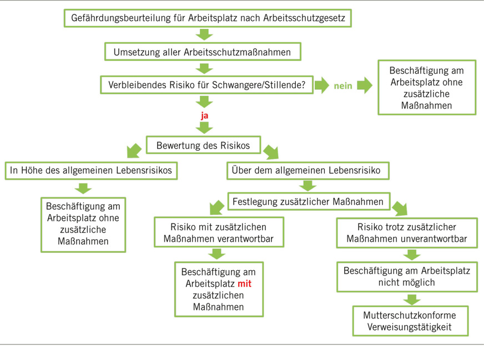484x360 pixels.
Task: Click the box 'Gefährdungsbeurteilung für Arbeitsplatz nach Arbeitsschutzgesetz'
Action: click(208, 18)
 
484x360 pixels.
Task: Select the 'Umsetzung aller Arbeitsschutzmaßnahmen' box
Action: click(203, 52)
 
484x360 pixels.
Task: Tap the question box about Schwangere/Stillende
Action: click(206, 85)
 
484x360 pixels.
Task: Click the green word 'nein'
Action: click(343, 85)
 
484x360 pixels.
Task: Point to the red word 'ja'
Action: click(204, 116)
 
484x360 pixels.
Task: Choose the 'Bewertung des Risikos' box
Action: click(204, 146)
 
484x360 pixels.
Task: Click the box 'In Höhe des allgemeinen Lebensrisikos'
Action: click(92, 171)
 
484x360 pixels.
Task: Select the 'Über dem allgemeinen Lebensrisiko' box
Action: click(307, 171)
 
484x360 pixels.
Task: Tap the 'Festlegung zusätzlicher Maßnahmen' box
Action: click(308, 202)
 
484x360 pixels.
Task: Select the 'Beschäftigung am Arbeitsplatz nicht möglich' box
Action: click(407, 276)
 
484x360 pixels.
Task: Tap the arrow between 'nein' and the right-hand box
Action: click(365, 85)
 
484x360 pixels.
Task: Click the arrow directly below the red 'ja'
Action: click(204, 128)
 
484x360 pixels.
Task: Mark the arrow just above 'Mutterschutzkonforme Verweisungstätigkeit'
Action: click(411, 299)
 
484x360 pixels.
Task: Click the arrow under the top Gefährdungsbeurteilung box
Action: click(204, 34)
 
